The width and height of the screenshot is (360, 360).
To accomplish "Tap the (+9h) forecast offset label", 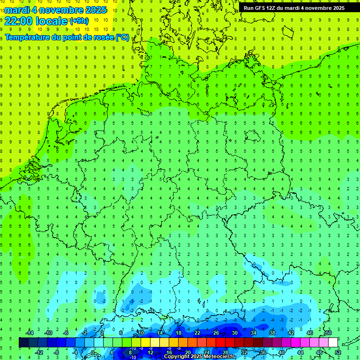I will click(78, 21).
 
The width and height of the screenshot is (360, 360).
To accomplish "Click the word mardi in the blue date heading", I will click(17, 10).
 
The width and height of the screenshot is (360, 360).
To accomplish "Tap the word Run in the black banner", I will click(249, 8).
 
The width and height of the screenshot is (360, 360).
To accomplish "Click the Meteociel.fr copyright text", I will click(200, 357).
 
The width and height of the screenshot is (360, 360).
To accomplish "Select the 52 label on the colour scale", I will click(337, 352).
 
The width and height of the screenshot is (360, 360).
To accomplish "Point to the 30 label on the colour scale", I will click(234, 333).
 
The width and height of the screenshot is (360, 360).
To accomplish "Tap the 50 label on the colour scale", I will click(328, 333).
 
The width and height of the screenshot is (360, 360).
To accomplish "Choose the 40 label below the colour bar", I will click(281, 352).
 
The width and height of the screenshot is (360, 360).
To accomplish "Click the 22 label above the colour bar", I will click(197, 333).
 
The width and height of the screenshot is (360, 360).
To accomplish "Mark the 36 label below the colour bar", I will click(262, 352).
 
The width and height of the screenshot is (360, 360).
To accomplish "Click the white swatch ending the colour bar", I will click(333, 343).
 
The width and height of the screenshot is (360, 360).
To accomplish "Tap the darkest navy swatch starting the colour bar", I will click(23, 343).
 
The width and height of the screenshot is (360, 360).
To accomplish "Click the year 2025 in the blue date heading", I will click(94, 10).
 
